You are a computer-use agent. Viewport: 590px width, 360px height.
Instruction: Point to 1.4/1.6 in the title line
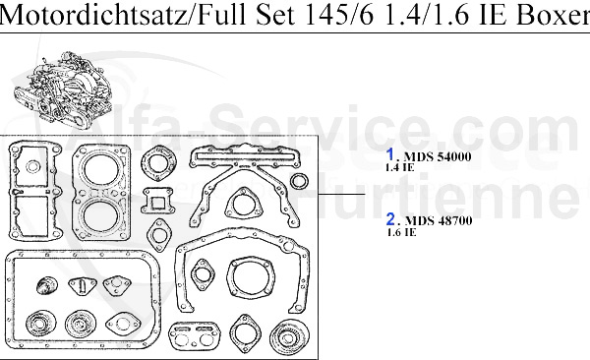pos(411,16)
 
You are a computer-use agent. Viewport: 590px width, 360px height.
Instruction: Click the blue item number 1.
pos(390,154)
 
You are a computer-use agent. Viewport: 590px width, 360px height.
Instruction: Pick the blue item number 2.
pos(390,219)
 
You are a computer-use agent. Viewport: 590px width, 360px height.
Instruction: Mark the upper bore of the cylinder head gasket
pos(101,168)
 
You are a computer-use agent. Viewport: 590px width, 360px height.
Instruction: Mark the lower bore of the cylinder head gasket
pos(101,215)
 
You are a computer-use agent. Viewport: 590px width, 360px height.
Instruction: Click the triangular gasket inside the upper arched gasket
pos(241,206)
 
